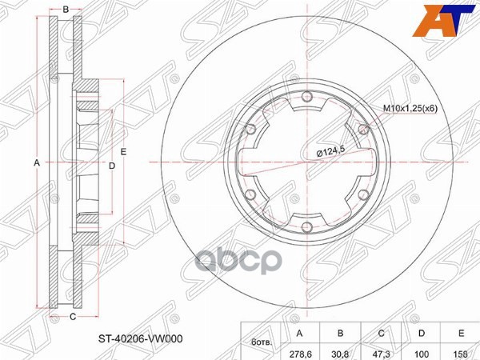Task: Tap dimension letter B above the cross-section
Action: [x=66, y=10]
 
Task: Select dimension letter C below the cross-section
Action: [x=71, y=317]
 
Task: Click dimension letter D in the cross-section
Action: [x=112, y=166]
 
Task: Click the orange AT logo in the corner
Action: [x=450, y=20]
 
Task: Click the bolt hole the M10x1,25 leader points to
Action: [x=362, y=127]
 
